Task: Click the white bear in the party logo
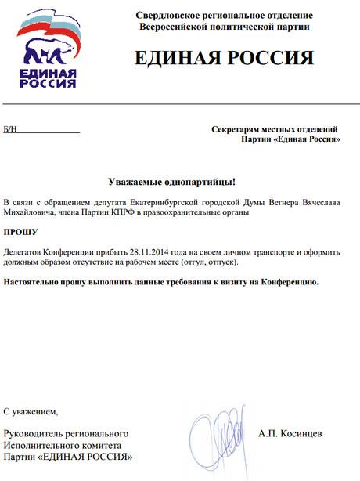pos(49,52)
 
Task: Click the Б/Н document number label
pos(10,128)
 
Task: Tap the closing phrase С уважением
pos(31,410)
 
